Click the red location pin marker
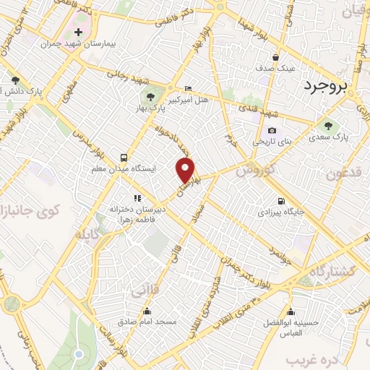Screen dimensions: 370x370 click(x=186, y=170)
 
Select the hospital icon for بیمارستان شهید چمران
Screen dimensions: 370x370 click(x=78, y=33)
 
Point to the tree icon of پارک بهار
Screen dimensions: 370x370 click(x=150, y=96)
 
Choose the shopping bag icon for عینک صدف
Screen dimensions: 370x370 click(x=275, y=57)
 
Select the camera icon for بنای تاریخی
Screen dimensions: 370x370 click(x=272, y=131)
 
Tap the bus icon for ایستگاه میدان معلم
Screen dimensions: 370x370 click(x=124, y=157)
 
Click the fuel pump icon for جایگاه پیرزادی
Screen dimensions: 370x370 click(x=280, y=201)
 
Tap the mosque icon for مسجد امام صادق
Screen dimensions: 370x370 click(x=147, y=311)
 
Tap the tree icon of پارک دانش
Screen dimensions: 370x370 click(x=14, y=80)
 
